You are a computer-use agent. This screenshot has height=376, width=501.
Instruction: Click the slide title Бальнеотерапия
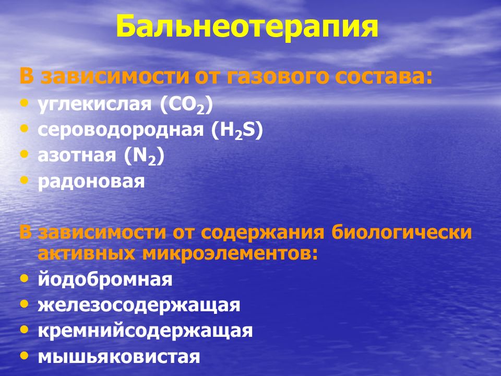pyautogui.click(x=247, y=27)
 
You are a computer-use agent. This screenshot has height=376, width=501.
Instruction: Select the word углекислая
pyautogui.click(x=94, y=104)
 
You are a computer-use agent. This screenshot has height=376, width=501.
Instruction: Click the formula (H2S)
pyautogui.click(x=237, y=131)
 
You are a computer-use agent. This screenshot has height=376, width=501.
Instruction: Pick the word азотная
pyautogui.click(x=77, y=156)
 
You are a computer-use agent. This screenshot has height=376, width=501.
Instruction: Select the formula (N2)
pyautogui.click(x=145, y=156)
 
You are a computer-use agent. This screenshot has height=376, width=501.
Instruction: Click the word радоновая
pyautogui.click(x=91, y=182)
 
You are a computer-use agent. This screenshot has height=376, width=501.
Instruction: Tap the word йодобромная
pyautogui.click(x=105, y=279)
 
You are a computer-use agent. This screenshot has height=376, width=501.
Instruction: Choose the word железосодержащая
pyautogui.click(x=139, y=305)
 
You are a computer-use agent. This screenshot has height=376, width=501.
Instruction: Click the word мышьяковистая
pyautogui.click(x=119, y=357)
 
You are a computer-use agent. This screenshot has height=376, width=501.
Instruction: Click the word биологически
pyautogui.click(x=401, y=232)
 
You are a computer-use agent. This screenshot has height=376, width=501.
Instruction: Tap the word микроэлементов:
pyautogui.click(x=230, y=254)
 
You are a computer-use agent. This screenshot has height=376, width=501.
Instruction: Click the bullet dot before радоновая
pyautogui.click(x=24, y=180)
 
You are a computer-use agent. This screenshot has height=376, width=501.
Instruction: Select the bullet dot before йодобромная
pyautogui.click(x=24, y=277)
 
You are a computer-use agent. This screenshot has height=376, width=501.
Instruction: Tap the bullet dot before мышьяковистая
pyautogui.click(x=24, y=355)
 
